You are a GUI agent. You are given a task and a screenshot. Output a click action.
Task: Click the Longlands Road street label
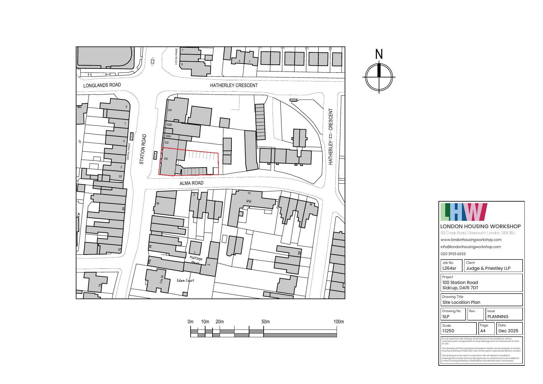tap(102, 85)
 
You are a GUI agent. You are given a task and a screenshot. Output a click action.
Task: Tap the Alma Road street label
tap(192, 183)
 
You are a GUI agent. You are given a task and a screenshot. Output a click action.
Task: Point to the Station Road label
tap(142, 149)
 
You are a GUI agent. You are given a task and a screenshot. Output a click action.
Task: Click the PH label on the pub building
tap(249, 202)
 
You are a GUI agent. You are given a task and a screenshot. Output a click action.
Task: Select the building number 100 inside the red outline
tap(166, 159)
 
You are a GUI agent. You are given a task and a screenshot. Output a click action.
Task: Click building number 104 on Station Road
tap(170, 110)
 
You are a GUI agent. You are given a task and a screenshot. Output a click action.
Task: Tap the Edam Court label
tap(185, 281)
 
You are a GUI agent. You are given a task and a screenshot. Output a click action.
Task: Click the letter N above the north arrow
tap(379, 55)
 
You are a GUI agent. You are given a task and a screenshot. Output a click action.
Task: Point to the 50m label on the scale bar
tap(265, 322)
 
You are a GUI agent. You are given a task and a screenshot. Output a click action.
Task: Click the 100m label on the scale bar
tap(338, 322)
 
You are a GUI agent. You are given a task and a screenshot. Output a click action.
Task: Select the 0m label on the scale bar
tap(191, 322)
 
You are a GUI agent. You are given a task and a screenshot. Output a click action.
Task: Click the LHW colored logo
tap(463, 212)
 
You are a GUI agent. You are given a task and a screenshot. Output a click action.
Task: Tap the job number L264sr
tap(449, 268)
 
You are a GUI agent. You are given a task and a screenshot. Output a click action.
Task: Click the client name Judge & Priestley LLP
tap(488, 268)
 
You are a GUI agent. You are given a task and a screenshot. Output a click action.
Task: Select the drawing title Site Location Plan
tap(461, 302)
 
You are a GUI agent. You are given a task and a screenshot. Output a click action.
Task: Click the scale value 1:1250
tap(448, 331)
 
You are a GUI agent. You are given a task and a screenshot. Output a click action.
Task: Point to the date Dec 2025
tap(508, 331)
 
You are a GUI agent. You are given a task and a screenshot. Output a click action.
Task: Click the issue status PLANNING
tap(498, 316)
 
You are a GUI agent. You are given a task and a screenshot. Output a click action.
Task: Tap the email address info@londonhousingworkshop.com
tap(471, 247)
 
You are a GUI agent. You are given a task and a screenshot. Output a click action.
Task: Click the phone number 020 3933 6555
tap(453, 254)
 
